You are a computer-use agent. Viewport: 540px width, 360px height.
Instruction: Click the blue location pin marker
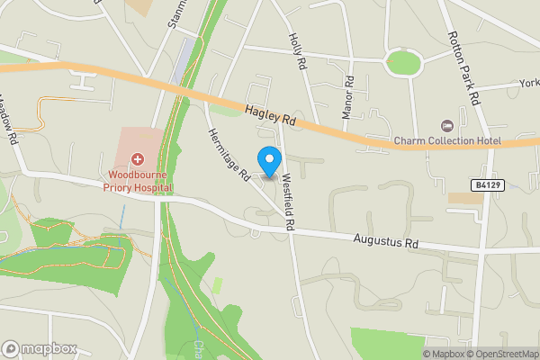point(268,159)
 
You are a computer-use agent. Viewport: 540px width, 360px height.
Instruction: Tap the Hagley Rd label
point(269,114)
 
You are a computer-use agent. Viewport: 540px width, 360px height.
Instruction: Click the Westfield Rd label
point(288,202)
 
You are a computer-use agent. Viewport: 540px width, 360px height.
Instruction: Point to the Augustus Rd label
point(386,241)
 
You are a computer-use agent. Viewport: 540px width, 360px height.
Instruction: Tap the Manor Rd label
point(347,97)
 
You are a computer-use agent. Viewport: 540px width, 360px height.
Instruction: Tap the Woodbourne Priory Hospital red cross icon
point(139,158)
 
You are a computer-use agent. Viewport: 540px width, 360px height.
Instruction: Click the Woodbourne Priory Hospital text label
point(140,180)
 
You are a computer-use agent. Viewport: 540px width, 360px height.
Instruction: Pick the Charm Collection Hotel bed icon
point(445,125)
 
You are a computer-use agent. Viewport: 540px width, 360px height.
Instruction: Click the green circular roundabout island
point(403,63)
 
